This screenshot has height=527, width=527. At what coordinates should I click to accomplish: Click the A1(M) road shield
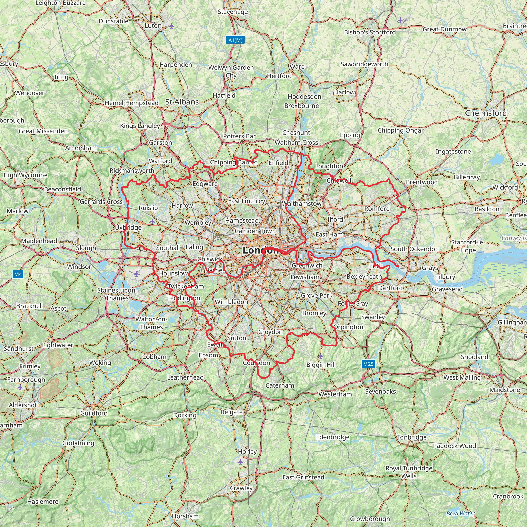(x=235, y=40)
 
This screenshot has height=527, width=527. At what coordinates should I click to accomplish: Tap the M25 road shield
(x=368, y=364)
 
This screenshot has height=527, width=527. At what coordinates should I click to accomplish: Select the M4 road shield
(x=18, y=274)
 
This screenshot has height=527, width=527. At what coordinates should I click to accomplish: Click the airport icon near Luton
(x=171, y=26)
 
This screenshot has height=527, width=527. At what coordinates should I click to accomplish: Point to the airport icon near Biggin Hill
(x=321, y=356)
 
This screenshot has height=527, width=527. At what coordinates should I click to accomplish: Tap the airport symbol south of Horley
(x=240, y=462)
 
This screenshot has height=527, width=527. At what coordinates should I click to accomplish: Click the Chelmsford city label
(x=486, y=113)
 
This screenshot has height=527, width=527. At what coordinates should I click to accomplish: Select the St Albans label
(x=182, y=102)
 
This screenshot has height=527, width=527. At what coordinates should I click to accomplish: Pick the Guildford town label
(x=94, y=413)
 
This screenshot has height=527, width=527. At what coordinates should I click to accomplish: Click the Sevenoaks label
(x=380, y=391)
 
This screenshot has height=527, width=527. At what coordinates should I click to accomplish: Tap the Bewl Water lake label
(x=460, y=513)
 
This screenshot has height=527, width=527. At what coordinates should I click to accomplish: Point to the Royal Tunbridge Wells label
(x=409, y=472)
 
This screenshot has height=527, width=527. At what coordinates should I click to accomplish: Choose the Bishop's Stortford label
(x=370, y=32)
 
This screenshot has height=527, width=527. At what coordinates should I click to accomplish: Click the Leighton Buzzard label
(x=60, y=3)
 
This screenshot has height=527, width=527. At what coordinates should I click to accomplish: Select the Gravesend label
(x=447, y=289)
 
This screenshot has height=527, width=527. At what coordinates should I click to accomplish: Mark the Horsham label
(x=185, y=516)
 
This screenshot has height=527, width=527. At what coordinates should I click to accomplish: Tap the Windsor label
(x=79, y=266)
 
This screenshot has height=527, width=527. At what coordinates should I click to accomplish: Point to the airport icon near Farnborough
(x=20, y=387)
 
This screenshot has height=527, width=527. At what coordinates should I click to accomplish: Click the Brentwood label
(x=422, y=182)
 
